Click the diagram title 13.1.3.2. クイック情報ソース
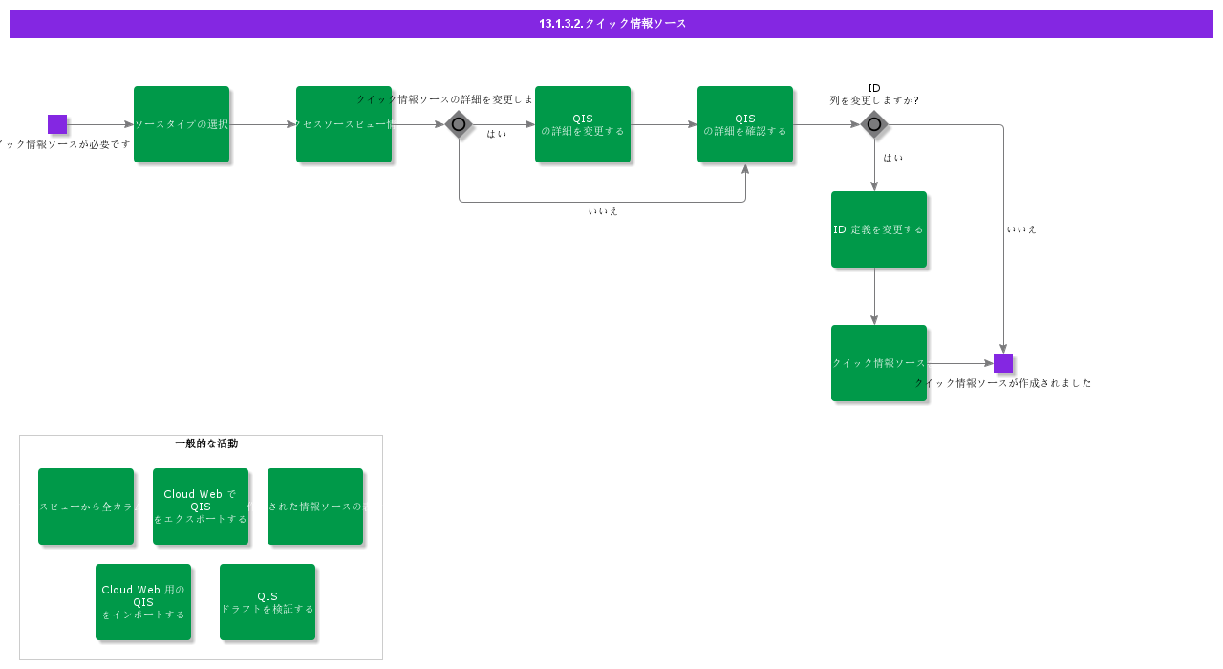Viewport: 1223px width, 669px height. pyautogui.click(x=611, y=24)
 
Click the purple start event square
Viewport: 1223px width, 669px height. pyautogui.click(x=57, y=124)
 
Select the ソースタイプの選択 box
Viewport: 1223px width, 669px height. pyautogui.click(x=182, y=124)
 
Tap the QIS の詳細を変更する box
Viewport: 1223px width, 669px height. pyautogui.click(x=583, y=124)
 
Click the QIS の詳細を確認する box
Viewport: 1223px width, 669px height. pyautogui.click(x=745, y=124)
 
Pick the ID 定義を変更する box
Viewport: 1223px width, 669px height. pyautogui.click(x=879, y=229)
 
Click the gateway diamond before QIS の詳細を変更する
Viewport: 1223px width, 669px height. pyautogui.click(x=459, y=124)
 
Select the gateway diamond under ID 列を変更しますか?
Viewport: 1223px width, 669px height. pyautogui.click(x=874, y=124)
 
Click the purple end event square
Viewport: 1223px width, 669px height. pyautogui.click(x=1003, y=363)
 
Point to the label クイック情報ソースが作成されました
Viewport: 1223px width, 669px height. pyautogui.click(x=1003, y=383)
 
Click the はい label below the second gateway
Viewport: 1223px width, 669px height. pyautogui.click(x=893, y=158)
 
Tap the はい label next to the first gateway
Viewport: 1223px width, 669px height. pyautogui.click(x=497, y=134)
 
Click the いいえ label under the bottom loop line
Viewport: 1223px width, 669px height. pyautogui.click(x=603, y=211)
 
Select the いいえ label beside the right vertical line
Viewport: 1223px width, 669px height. pyautogui.click(x=1021, y=229)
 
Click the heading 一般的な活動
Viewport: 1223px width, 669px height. pyautogui.click(x=206, y=443)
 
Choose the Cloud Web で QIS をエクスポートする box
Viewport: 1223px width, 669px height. pyautogui.click(x=201, y=507)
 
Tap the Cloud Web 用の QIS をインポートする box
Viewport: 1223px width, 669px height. pyautogui.click(x=143, y=602)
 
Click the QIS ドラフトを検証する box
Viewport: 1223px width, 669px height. pyautogui.click(x=268, y=602)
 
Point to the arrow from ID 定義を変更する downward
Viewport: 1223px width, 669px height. pyautogui.click(x=874, y=296)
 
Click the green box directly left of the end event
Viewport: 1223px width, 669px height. pyautogui.click(x=879, y=363)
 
